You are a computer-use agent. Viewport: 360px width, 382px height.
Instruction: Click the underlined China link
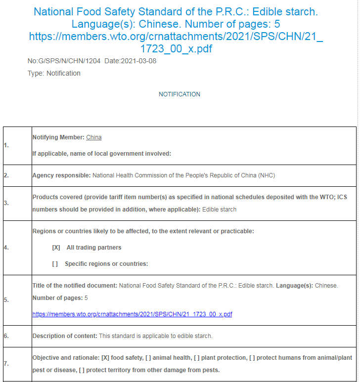click(94, 137)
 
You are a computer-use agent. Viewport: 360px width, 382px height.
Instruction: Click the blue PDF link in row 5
click(132, 314)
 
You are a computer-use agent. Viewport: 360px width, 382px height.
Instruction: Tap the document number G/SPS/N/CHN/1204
click(64, 61)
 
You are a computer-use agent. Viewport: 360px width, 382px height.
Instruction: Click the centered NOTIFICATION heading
click(180, 94)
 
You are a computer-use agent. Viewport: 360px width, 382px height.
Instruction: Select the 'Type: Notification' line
click(54, 73)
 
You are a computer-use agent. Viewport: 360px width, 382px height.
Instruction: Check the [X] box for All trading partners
click(56, 248)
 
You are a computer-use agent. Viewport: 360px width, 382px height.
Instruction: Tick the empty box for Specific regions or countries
click(55, 264)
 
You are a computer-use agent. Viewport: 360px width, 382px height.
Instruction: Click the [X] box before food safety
click(105, 358)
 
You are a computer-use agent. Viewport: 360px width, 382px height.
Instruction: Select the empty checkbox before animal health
click(148, 358)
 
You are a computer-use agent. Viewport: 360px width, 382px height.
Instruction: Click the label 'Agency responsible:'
click(61, 175)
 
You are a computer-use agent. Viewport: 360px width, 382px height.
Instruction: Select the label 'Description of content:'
click(65, 336)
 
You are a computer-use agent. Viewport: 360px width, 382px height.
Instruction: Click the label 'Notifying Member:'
click(58, 137)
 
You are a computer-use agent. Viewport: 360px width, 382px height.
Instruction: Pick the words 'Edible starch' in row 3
click(220, 210)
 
